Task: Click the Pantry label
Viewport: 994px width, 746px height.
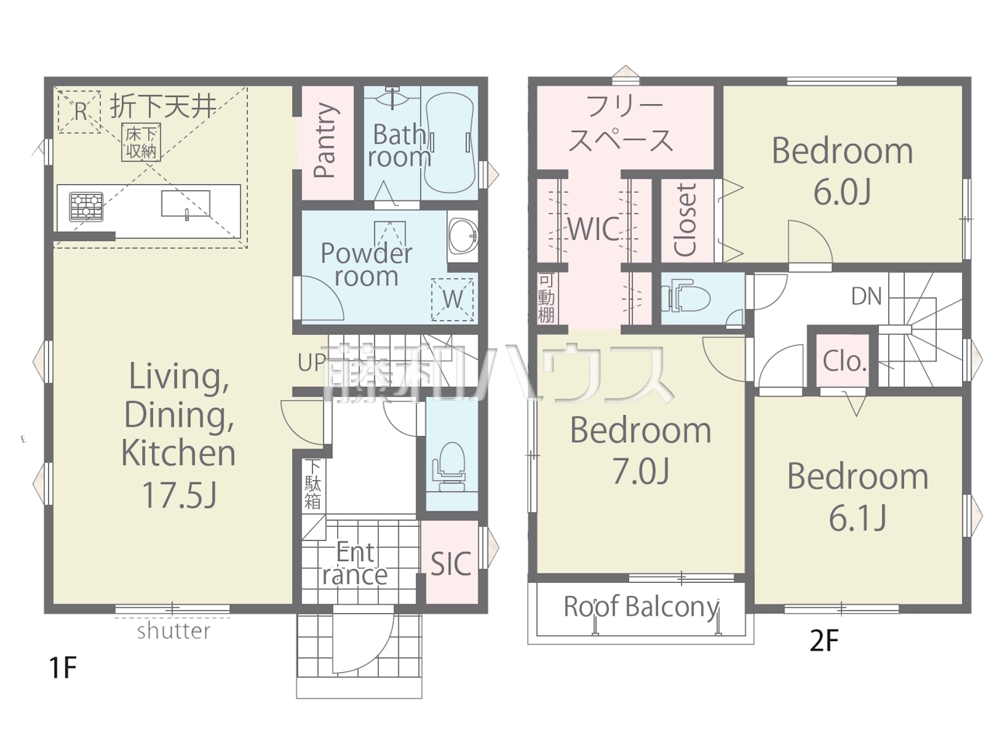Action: [325, 140]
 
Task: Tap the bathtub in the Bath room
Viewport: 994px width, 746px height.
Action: [449, 143]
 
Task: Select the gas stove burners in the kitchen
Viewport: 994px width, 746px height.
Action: [86, 207]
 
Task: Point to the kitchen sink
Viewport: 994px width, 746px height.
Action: [186, 204]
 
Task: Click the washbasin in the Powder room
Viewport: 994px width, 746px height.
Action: [463, 236]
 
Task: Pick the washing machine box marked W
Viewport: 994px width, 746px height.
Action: [453, 299]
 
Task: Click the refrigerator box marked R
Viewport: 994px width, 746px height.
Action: [79, 111]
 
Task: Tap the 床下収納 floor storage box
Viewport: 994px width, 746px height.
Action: [141, 142]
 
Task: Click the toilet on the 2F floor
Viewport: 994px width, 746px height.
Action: [685, 298]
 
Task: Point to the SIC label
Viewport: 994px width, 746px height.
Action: [450, 564]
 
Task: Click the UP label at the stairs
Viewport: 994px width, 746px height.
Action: [311, 362]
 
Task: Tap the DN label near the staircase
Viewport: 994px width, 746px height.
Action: [867, 297]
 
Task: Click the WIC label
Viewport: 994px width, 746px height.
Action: [594, 228]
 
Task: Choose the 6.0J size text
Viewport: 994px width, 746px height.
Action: [843, 193]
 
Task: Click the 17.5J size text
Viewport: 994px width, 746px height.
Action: [179, 495]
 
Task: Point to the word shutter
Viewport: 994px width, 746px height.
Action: [174, 631]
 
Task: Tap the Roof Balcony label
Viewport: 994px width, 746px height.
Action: [641, 606]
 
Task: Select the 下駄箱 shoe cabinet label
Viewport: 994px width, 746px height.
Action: [312, 485]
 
